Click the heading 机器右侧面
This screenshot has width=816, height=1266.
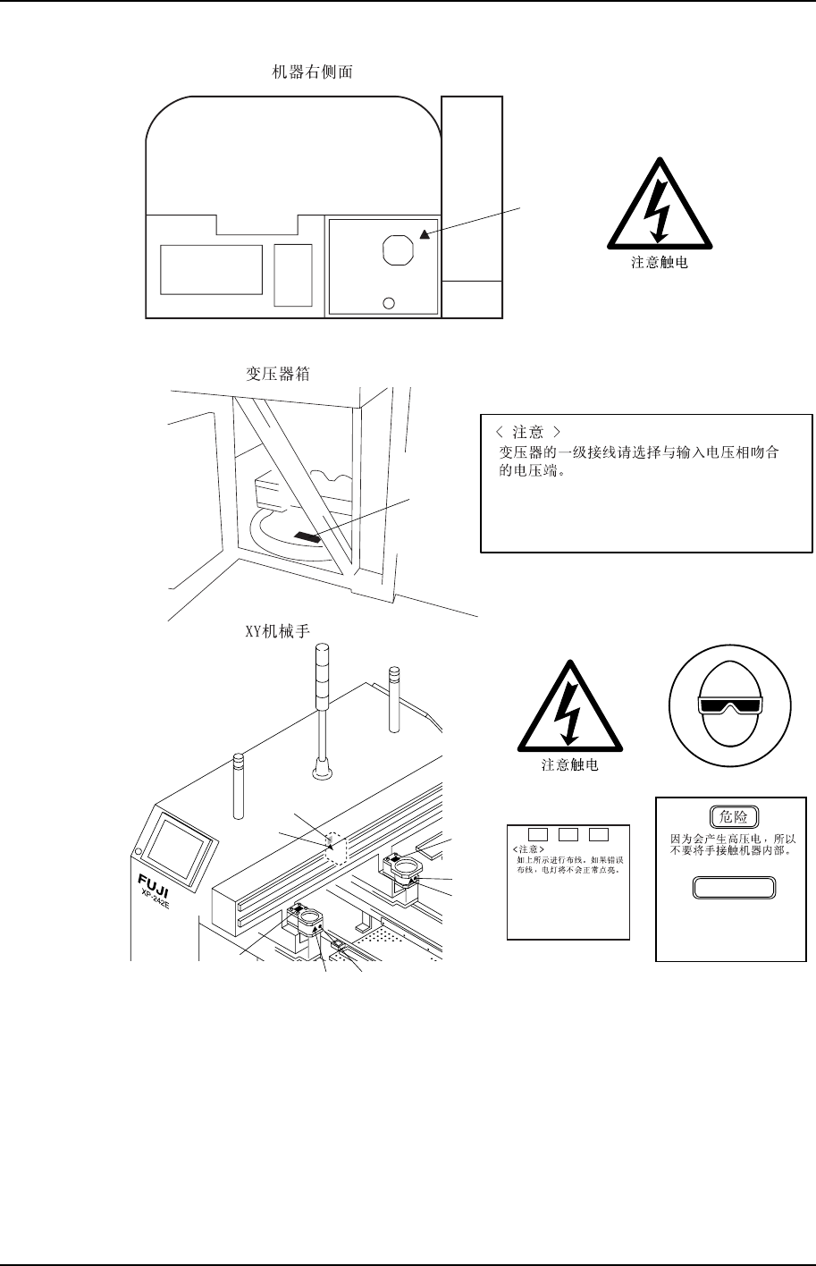(x=311, y=72)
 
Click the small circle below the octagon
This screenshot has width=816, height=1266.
(x=388, y=302)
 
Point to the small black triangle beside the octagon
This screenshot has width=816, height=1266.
(x=425, y=234)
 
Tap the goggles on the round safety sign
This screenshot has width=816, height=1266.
(x=732, y=705)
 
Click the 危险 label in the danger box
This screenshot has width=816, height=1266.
(x=734, y=816)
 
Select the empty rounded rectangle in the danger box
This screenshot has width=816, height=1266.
(x=733, y=887)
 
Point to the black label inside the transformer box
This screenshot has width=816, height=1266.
(x=307, y=536)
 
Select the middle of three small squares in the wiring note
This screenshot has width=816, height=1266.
(x=568, y=835)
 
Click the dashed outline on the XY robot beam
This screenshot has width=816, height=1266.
(x=335, y=847)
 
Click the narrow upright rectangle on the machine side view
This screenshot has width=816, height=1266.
(x=293, y=274)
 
